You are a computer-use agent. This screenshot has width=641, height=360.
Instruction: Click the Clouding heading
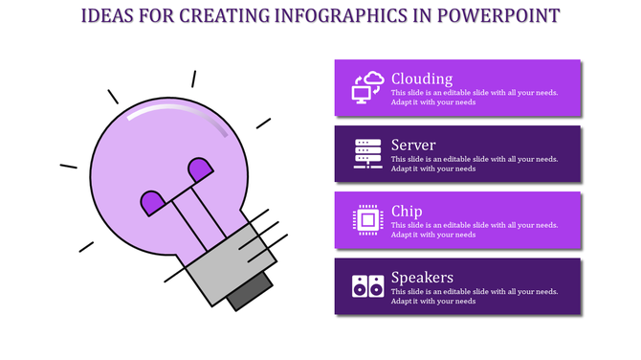[422, 79]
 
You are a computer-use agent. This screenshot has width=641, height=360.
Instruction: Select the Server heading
[414, 145]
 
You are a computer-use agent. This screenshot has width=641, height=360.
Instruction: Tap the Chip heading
[407, 211]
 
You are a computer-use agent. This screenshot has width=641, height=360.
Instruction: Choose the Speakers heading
[422, 278]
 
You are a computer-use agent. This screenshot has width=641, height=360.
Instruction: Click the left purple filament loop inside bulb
[152, 202]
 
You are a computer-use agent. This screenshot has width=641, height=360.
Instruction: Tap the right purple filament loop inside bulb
[200, 169]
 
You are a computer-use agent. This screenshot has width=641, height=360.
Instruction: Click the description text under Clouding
[475, 98]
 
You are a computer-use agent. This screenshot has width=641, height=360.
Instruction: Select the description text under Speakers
[475, 296]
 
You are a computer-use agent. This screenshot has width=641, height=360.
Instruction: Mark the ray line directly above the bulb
[192, 79]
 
